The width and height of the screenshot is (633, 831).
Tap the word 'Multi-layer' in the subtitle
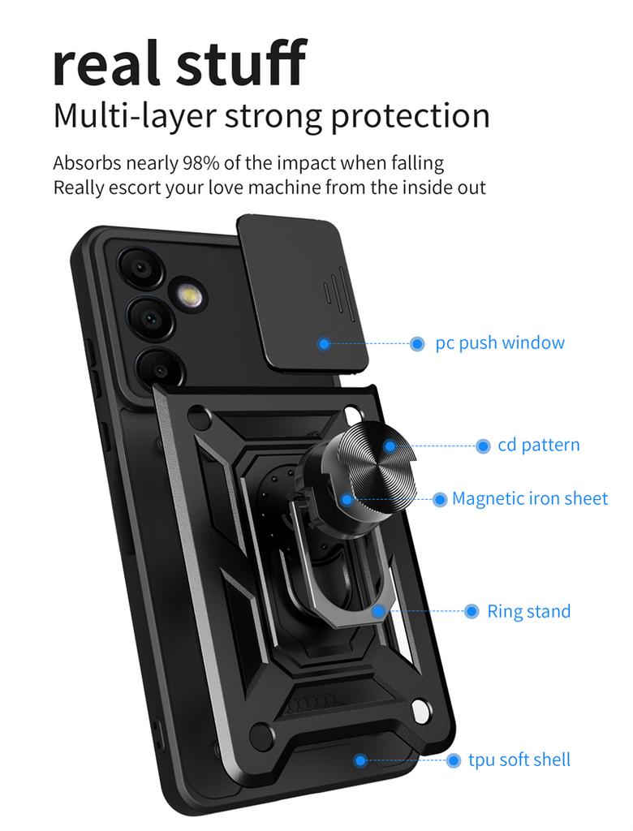(x=134, y=116)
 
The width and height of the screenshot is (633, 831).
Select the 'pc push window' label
(x=499, y=343)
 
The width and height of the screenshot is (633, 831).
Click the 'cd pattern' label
(x=538, y=446)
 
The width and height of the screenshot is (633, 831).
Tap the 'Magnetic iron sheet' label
(x=529, y=498)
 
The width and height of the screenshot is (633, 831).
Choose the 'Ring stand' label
(x=528, y=611)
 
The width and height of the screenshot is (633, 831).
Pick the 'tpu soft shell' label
(x=519, y=760)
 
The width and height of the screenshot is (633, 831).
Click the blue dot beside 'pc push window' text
(x=417, y=344)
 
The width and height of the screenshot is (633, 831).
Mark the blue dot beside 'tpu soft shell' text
(x=454, y=760)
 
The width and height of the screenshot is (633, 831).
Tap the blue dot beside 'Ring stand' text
(x=472, y=611)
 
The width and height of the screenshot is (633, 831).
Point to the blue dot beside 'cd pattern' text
(x=483, y=446)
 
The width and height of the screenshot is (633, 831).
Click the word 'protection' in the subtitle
(x=411, y=116)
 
